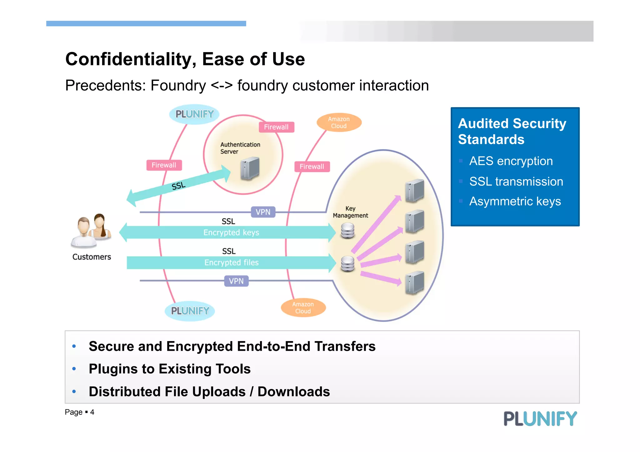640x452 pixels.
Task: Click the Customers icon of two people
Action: (91, 231)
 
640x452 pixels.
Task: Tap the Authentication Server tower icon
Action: (250, 168)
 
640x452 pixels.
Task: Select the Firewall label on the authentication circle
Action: (276, 127)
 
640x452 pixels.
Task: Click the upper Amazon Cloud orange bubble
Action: (339, 122)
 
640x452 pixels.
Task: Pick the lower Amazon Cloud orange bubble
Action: (303, 308)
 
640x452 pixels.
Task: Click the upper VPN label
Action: (263, 212)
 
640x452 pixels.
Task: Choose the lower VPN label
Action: (236, 281)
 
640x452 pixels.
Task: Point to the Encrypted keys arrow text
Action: (231, 233)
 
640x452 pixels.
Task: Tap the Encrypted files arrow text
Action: (232, 263)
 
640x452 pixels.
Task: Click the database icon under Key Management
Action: (347, 231)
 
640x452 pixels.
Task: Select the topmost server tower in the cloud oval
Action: (414, 191)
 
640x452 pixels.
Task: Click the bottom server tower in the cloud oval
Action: (414, 283)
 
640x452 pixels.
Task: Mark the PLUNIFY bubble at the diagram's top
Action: (194, 114)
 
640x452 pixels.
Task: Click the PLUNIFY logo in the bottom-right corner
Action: (540, 419)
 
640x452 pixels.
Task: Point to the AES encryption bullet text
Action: (511, 161)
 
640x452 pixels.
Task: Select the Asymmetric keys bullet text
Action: (515, 201)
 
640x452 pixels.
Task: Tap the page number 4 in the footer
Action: (92, 412)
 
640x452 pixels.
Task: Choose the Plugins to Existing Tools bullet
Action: (170, 369)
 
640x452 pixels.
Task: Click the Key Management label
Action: (350, 212)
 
